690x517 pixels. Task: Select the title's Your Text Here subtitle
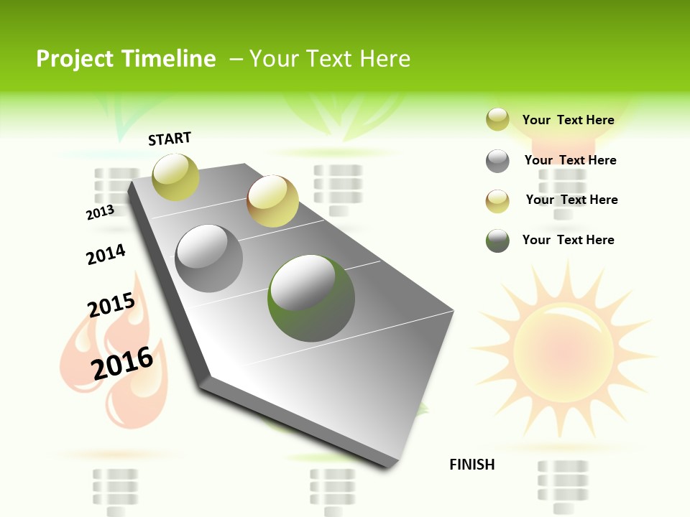pos(330,59)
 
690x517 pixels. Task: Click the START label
pos(170,139)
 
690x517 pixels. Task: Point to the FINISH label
pos(472,465)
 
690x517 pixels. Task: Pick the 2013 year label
pos(100,213)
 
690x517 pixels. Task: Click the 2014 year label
pos(106,254)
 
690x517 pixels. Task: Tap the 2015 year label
pos(111,305)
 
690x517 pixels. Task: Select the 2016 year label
pos(122,363)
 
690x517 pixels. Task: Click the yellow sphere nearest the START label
pos(175,177)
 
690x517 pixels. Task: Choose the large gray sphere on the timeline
pos(209,258)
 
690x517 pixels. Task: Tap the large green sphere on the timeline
pos(311,298)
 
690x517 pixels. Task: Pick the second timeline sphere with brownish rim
pos(272,201)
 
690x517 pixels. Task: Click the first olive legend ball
pos(497,119)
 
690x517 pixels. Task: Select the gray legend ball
pos(497,161)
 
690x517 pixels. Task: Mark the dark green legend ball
pos(497,241)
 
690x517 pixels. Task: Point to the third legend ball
pos(497,201)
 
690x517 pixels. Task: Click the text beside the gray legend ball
pos(570,160)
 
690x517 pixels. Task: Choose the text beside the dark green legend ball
pos(568,240)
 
